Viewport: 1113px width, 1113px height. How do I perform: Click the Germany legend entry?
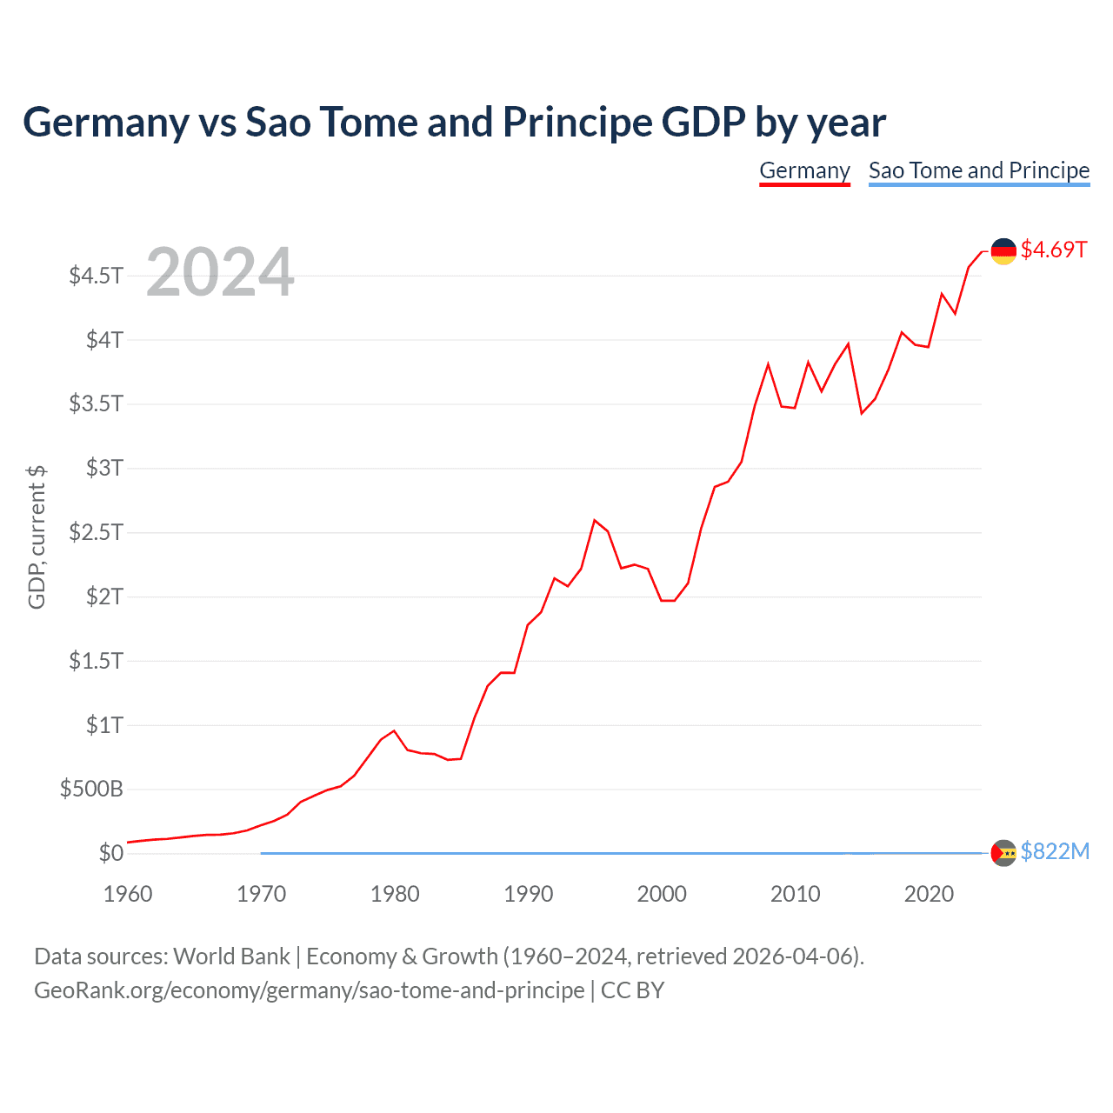(804, 170)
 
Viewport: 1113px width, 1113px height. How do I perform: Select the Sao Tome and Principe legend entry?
(979, 170)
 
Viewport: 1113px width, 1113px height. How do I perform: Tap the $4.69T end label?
(1054, 250)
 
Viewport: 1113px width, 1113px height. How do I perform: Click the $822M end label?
(1055, 851)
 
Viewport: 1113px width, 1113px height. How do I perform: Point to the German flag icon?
(1003, 250)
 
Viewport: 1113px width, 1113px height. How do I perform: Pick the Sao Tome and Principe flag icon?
(1003, 853)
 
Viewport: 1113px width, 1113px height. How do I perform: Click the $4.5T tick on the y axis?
(96, 276)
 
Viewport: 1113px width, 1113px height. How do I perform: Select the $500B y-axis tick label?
(91, 790)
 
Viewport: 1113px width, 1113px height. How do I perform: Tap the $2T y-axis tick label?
(104, 596)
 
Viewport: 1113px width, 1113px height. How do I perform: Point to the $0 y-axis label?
(110, 853)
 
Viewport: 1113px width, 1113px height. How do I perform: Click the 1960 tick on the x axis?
(128, 894)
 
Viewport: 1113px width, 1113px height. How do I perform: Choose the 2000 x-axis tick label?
(662, 894)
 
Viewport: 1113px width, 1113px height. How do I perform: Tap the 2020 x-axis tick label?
(929, 894)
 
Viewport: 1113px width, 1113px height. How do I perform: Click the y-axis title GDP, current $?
(37, 537)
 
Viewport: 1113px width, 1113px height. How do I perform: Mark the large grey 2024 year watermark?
(220, 273)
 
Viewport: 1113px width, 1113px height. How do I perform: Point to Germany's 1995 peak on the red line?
(595, 520)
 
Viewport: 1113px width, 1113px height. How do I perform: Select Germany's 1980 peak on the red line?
(394, 730)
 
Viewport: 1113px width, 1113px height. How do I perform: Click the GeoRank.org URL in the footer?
(310, 990)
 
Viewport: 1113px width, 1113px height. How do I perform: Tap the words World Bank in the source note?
(231, 956)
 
